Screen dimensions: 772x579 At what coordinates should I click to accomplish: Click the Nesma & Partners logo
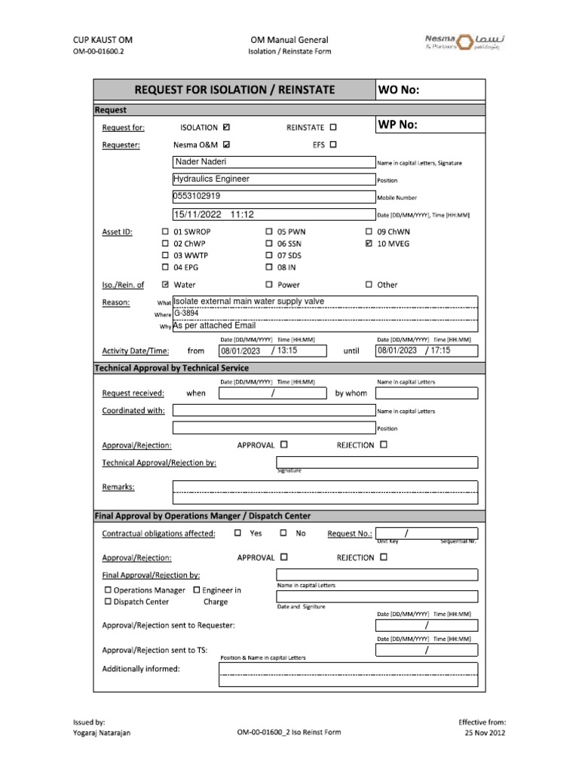click(460, 45)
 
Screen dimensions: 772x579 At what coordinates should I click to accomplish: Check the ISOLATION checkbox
click(228, 127)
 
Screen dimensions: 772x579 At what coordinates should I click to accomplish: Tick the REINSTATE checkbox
click(334, 127)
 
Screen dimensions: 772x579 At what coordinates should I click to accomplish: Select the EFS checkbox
click(334, 145)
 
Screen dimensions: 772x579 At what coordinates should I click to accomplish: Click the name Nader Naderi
click(201, 162)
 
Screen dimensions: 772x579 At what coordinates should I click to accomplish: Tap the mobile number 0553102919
click(197, 196)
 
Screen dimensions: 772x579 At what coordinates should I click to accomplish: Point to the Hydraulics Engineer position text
click(212, 179)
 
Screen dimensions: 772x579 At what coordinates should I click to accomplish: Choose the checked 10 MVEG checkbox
click(369, 244)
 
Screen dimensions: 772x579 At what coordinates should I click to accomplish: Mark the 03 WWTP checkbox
click(166, 256)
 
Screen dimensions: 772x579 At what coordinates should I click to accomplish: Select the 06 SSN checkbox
click(269, 244)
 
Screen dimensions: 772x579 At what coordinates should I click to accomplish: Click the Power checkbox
click(269, 285)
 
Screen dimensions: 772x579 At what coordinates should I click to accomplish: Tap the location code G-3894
click(187, 314)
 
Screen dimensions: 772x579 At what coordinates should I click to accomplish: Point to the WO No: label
click(399, 90)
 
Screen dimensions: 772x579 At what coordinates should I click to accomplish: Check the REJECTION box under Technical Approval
click(384, 445)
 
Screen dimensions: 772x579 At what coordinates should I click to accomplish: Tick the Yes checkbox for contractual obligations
click(238, 533)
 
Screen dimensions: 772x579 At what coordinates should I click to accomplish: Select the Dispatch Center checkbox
click(108, 602)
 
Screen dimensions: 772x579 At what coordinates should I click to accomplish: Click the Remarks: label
click(118, 487)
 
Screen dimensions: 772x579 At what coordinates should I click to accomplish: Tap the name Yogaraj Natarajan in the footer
click(102, 732)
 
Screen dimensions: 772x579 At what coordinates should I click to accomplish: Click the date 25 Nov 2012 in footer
click(485, 732)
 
